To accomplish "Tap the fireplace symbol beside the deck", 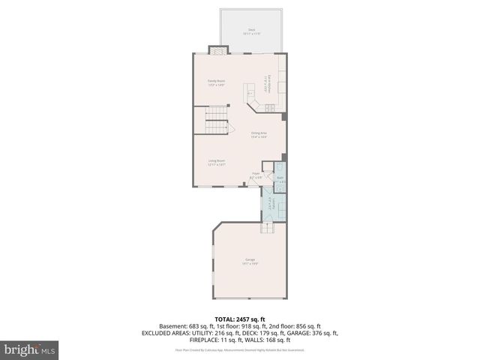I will point(217,50).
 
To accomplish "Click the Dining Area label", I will point(259,134).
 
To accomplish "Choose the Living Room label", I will point(217,161).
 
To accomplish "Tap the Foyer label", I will point(256,175).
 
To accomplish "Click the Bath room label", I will point(280,179).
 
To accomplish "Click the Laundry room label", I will point(271,203).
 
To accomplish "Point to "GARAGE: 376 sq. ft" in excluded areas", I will point(314,334).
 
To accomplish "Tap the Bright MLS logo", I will point(29,349).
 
